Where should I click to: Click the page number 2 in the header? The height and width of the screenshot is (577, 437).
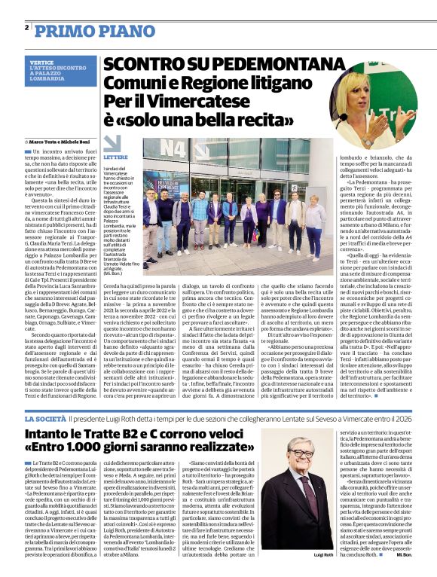(27, 27)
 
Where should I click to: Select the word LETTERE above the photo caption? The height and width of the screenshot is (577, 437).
(116, 156)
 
